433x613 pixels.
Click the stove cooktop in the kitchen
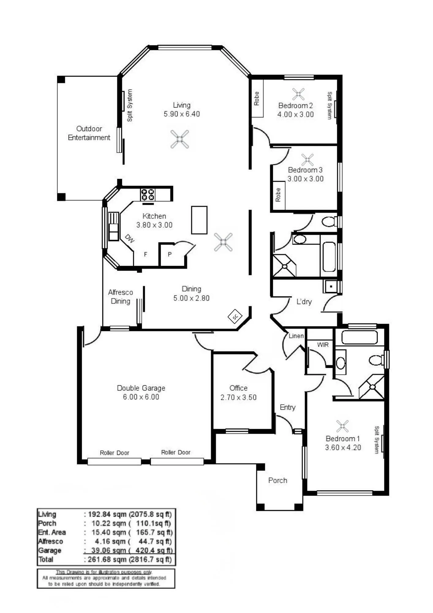(x=148, y=195)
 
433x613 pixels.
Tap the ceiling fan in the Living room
(x=180, y=139)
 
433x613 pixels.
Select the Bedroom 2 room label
(x=296, y=105)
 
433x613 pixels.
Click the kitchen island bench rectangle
(x=199, y=220)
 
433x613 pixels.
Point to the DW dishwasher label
(x=130, y=238)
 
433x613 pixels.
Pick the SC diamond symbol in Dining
(x=235, y=316)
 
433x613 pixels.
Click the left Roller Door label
(x=115, y=453)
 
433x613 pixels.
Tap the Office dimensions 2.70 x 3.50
(x=239, y=397)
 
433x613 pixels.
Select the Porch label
(x=278, y=480)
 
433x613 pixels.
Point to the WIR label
(x=323, y=345)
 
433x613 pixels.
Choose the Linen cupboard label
(x=296, y=336)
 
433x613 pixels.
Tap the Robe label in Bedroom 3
(x=278, y=195)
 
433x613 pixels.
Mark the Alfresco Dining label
(x=120, y=297)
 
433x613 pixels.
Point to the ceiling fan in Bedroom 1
(x=342, y=426)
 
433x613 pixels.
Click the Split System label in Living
(x=130, y=105)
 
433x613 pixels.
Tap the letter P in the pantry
(x=169, y=254)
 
